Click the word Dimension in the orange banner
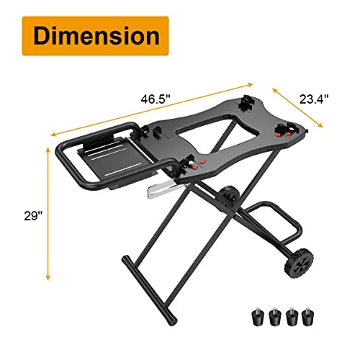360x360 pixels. (x=96, y=35)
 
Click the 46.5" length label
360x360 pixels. (x=156, y=99)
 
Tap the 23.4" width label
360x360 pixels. (x=314, y=99)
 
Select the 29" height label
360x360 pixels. (x=33, y=216)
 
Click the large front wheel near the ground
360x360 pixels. (x=299, y=263)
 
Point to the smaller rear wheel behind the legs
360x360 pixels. (x=228, y=194)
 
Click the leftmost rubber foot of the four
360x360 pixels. (x=258, y=317)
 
